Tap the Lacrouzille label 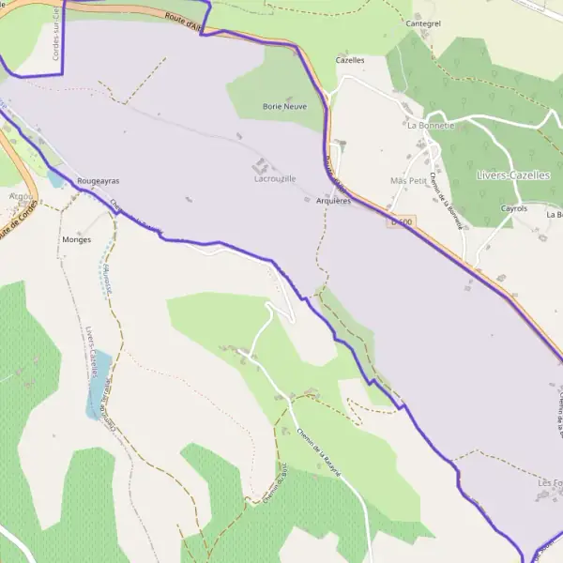[274, 178]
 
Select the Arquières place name [333, 201]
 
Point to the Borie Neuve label [285, 108]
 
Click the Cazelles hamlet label [349, 59]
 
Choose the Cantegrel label [423, 23]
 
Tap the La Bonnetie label [431, 124]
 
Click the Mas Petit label [407, 180]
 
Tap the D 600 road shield [401, 221]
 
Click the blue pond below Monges [98, 385]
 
